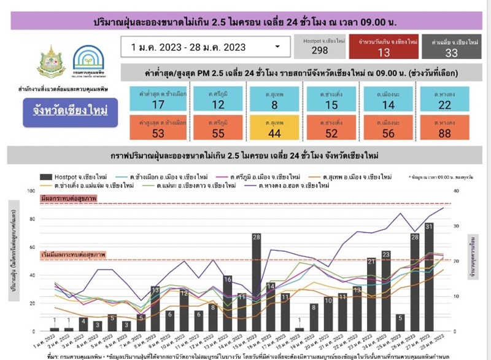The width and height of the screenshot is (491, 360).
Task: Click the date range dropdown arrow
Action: coord(278,47)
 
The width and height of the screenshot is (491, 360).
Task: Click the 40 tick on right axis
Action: coord(455,191)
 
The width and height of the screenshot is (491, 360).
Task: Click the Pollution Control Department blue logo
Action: coord(89,61)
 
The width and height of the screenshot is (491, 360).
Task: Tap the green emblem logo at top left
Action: coord(52,61)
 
